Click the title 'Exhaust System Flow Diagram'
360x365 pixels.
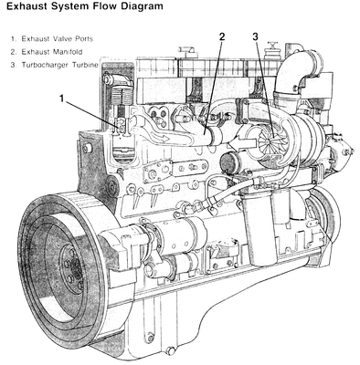click(84, 6)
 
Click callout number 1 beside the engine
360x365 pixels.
click(62, 99)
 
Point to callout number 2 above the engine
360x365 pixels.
click(222, 36)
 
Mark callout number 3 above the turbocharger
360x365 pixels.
click(255, 36)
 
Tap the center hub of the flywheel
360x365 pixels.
click(72, 268)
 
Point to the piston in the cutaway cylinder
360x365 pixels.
click(122, 153)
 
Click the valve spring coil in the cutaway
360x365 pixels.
click(122, 95)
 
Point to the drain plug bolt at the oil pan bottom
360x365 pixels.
click(171, 350)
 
